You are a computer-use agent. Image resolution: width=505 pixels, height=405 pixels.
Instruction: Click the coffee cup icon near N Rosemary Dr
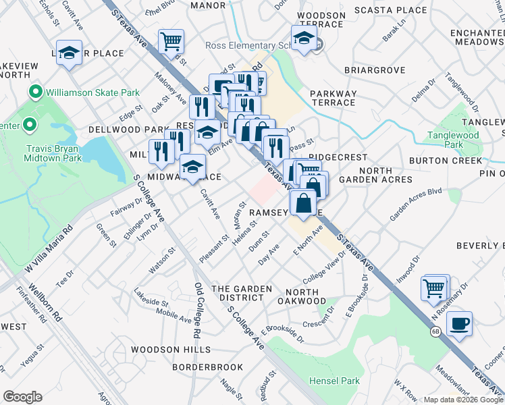pos(459,324)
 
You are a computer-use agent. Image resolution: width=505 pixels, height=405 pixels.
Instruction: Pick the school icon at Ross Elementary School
pos(304,38)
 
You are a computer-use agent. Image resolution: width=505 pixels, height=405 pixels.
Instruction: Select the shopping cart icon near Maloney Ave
pos(171,41)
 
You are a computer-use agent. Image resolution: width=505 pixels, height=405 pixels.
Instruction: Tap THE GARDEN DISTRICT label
pos(242,289)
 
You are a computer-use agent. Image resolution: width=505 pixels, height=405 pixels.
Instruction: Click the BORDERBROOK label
pos(207,367)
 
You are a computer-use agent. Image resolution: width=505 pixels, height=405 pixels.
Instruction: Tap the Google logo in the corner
pos(22,397)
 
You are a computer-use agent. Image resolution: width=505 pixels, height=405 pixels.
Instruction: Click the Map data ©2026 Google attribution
pos(463,400)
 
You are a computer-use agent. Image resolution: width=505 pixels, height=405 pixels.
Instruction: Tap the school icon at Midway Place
pos(193,167)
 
